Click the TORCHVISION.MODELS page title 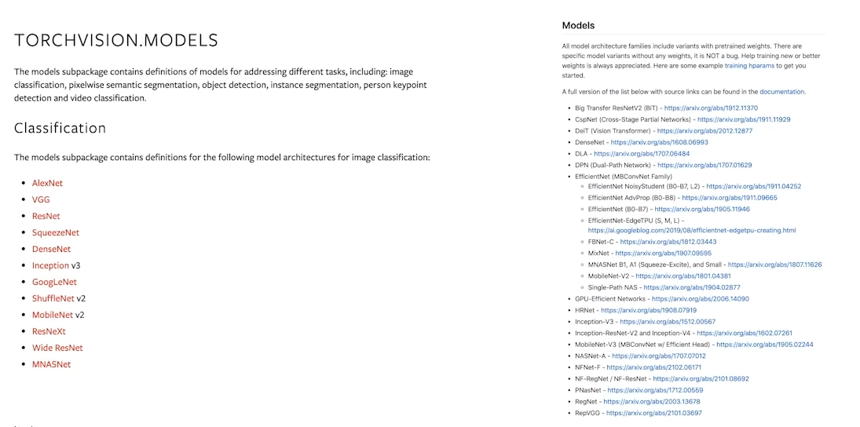116,41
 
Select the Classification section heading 60,128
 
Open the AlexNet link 47,183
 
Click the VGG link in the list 41,199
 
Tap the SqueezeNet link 56,232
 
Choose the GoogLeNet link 54,282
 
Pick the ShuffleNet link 53,298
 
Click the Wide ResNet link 57,348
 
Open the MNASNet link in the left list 51,364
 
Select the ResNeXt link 49,331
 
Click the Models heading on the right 578,25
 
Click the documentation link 782,92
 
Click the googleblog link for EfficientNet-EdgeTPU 691,231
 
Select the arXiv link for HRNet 649,310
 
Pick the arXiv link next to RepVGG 653,413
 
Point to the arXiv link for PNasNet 655,390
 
